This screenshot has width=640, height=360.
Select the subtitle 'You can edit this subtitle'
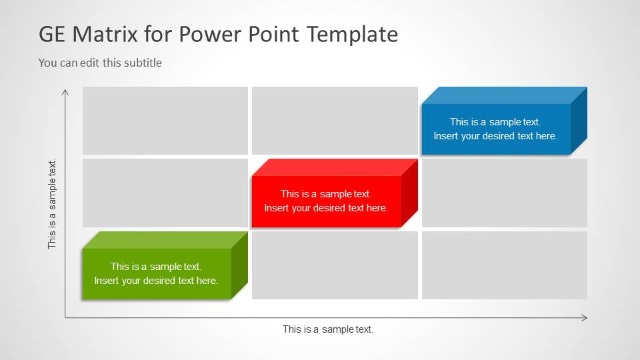coord(100,63)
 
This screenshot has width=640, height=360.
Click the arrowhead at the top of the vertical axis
coord(65,91)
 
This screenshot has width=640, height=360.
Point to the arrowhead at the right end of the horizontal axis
coord(585,318)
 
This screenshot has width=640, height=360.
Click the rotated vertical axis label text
coord(52,203)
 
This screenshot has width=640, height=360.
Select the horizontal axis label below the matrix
coord(328,329)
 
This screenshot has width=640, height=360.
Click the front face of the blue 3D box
coord(495,129)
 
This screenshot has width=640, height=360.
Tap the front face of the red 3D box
coord(326,201)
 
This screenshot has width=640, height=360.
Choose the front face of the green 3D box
coord(156,273)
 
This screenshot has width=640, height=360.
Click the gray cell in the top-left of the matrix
coord(165,120)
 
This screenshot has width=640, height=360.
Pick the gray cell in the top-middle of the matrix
coord(335,120)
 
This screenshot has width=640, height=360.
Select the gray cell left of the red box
coord(165,193)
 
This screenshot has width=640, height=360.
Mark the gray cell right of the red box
coord(505,193)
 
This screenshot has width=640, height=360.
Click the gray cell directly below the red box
coord(335,265)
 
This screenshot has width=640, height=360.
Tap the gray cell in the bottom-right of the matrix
coord(505,265)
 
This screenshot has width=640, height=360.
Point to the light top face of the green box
coord(165,240)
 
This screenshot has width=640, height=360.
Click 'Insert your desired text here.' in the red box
coord(326,208)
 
